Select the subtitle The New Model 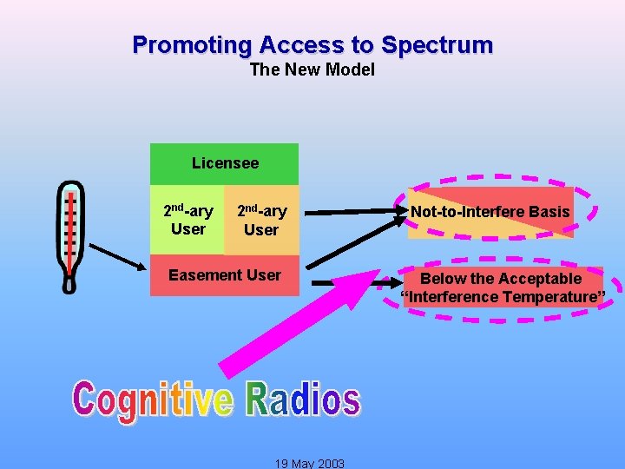coord(312,69)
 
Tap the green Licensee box coord(224,163)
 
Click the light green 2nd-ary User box coord(187,220)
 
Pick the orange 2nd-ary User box coord(261,220)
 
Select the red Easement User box coord(224,275)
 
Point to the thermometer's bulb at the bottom coord(70,281)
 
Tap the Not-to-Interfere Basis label coord(490,212)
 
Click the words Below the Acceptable coord(500,279)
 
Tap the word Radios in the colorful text coord(302,400)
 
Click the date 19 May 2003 coord(310,463)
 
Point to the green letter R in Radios coord(259,400)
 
